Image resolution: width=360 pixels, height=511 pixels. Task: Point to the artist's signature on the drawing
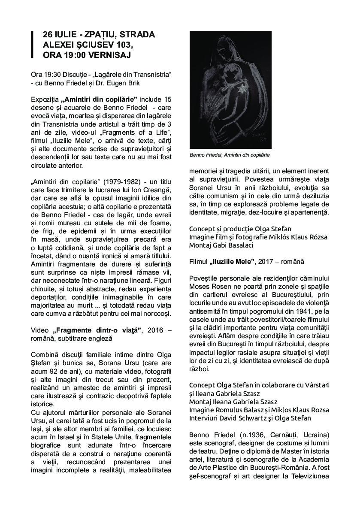(x=262, y=138)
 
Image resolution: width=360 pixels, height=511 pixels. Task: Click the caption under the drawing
(x=230, y=155)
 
